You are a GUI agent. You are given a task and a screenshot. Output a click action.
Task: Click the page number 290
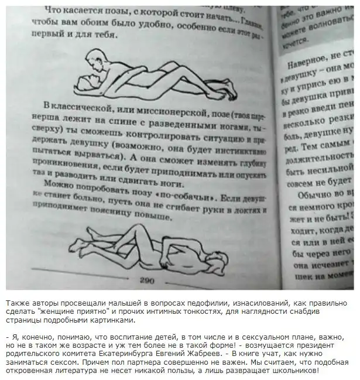146,281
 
